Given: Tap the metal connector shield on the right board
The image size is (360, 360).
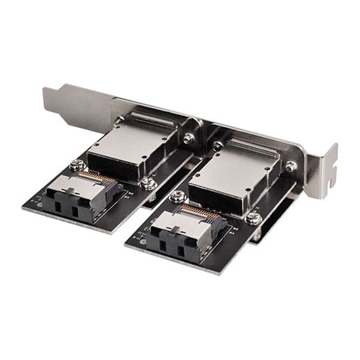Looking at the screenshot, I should pyautogui.click(x=233, y=171).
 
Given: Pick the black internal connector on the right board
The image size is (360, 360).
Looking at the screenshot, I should pyautogui.click(x=177, y=233).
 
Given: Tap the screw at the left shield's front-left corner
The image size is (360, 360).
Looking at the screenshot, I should pyautogui.click(x=78, y=165).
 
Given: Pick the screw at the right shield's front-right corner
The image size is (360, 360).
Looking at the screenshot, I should pyautogui.click(x=253, y=219).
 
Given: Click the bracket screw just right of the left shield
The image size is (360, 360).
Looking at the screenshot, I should pyautogui.click(x=189, y=139).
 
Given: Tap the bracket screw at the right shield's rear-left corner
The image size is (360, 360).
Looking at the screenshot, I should pyautogui.click(x=218, y=145).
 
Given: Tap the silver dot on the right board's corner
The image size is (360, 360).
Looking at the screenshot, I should pyautogui.click(x=141, y=242).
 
